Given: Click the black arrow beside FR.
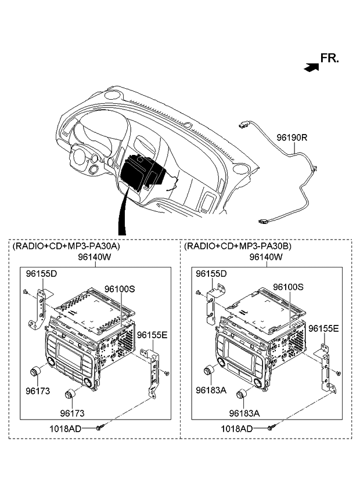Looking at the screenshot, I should [311, 67].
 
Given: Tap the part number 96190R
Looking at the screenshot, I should [291, 138].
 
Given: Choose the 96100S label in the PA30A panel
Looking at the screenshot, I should [120, 288].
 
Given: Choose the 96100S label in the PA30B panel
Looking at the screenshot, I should [289, 287].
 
